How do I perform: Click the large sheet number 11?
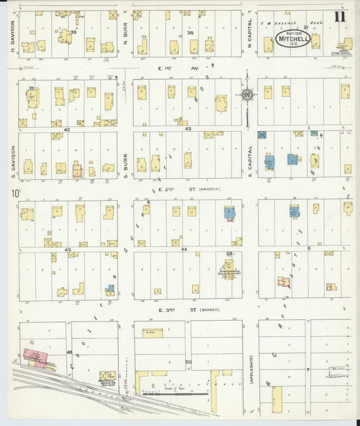[339, 17]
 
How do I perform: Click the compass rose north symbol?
[248, 95]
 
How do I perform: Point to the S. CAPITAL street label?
[249, 161]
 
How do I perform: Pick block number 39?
[73, 32]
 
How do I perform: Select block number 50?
[188, 363]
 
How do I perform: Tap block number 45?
[68, 250]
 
